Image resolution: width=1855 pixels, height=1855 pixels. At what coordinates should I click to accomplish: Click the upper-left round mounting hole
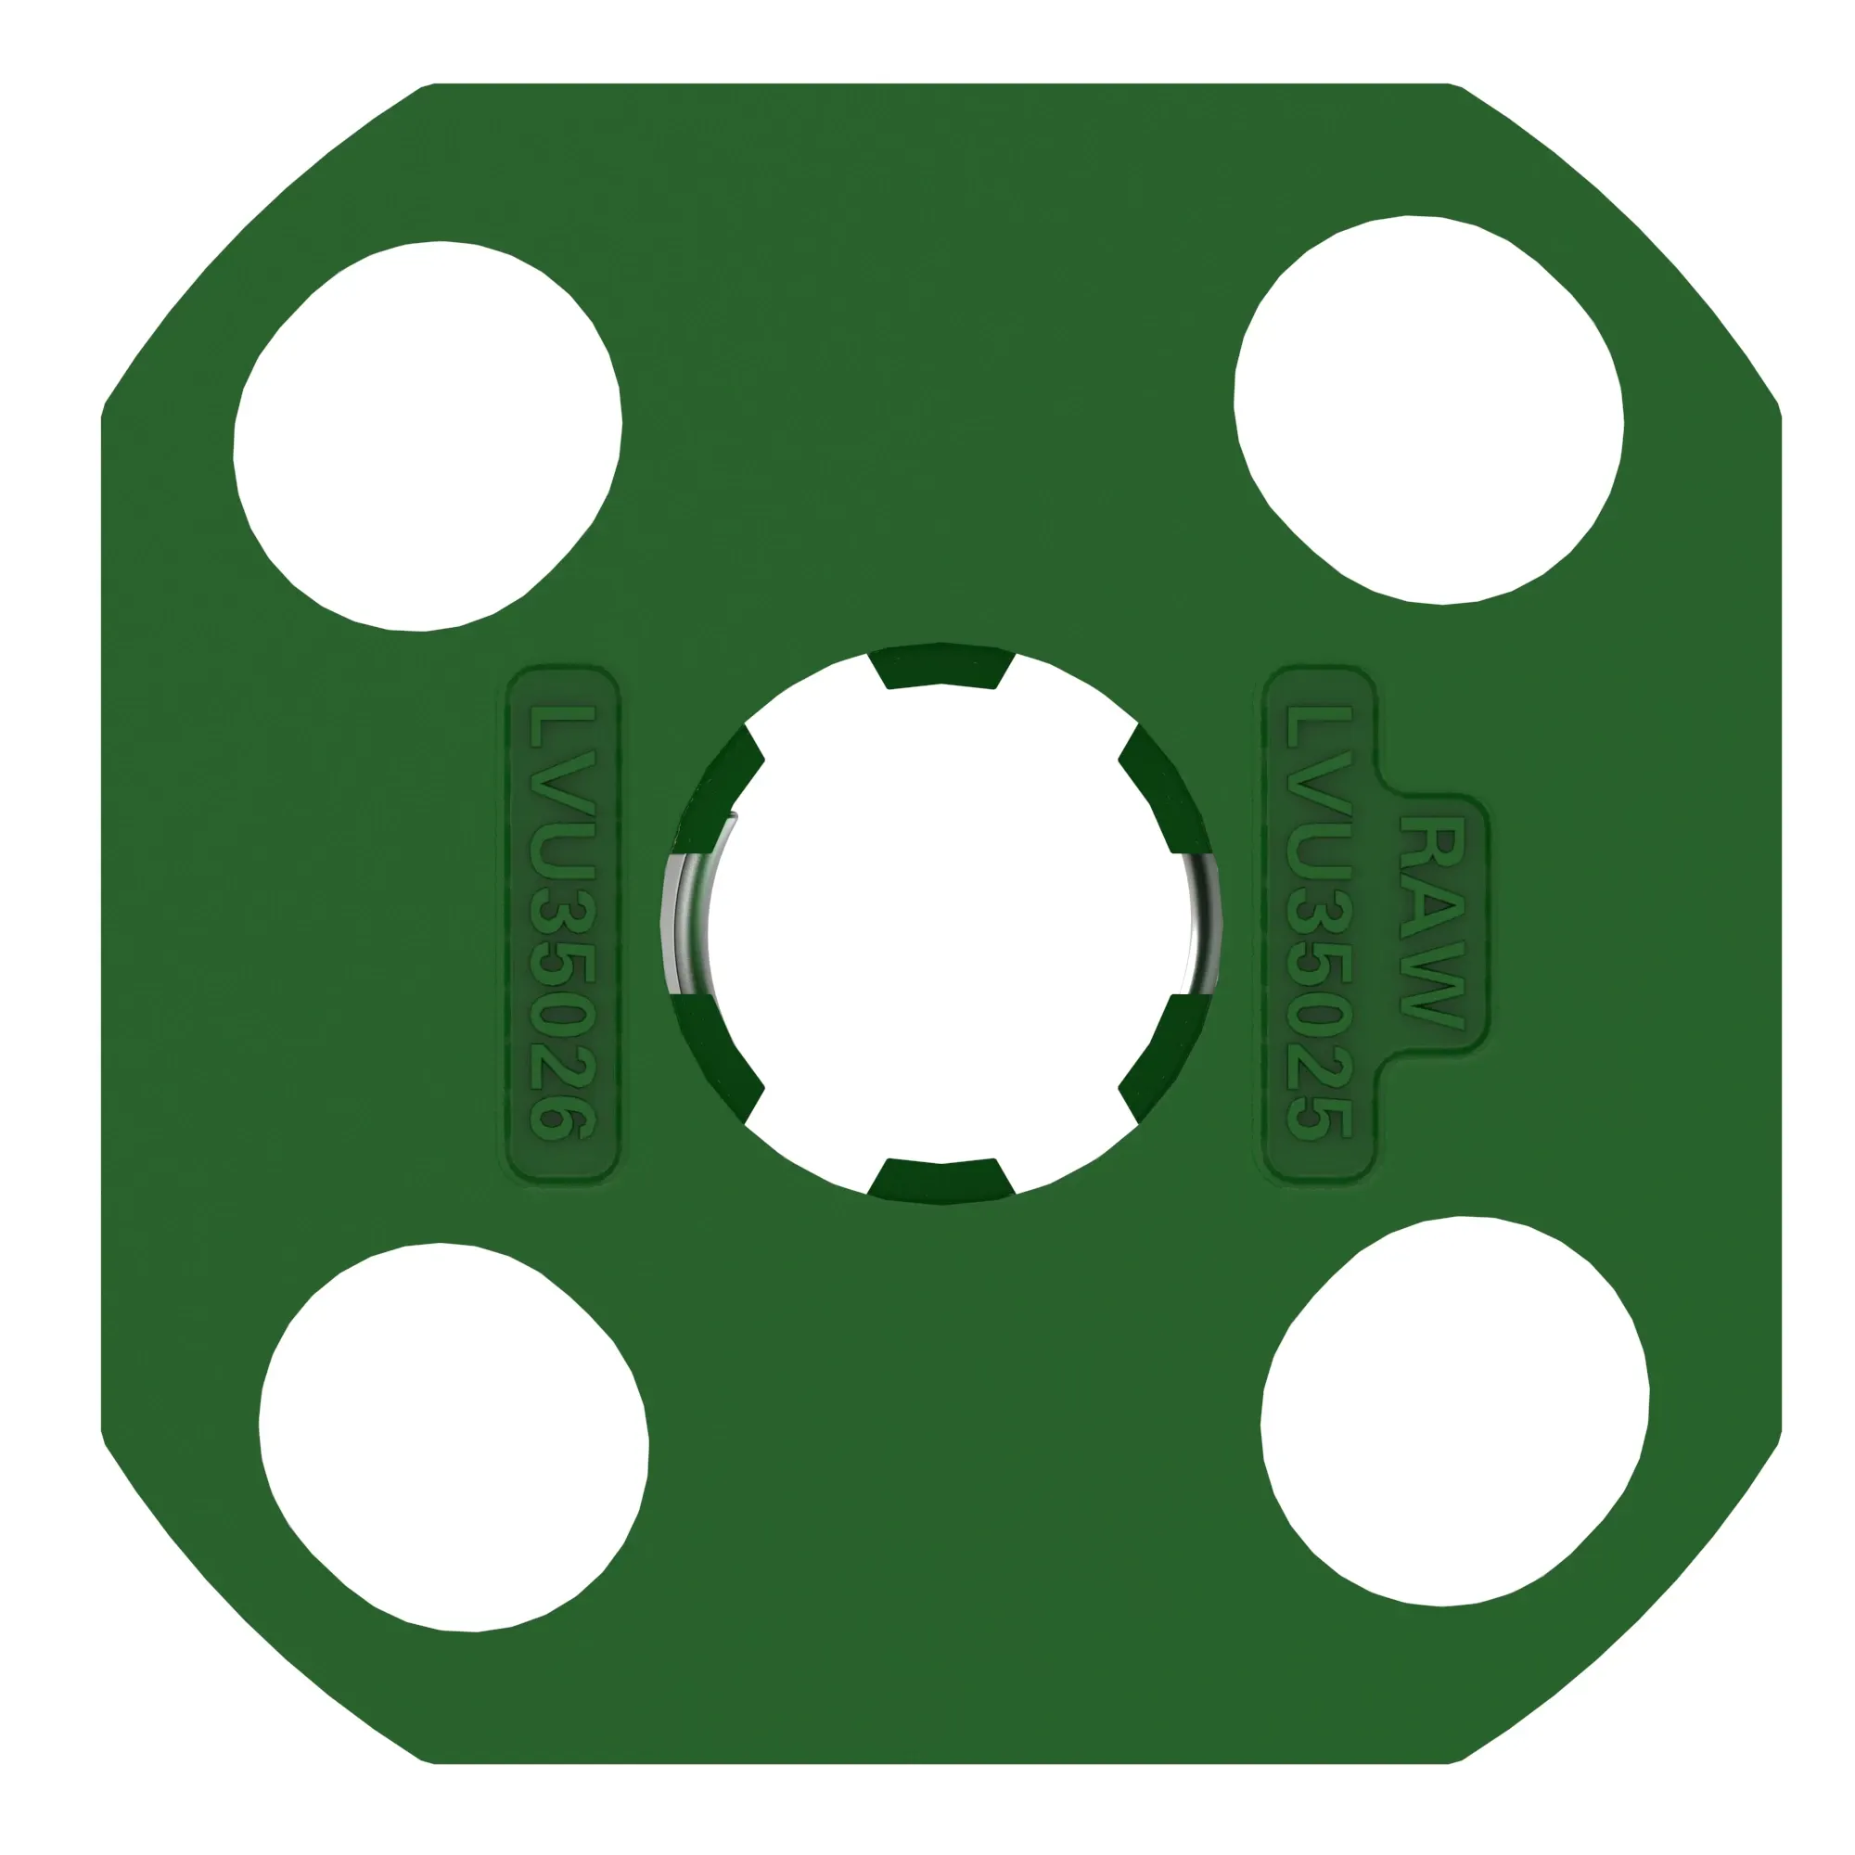pos(428,436)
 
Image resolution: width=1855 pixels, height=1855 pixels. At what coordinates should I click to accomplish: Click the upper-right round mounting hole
pos(1427,410)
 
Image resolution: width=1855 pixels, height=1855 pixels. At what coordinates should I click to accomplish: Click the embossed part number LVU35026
pos(564,922)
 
